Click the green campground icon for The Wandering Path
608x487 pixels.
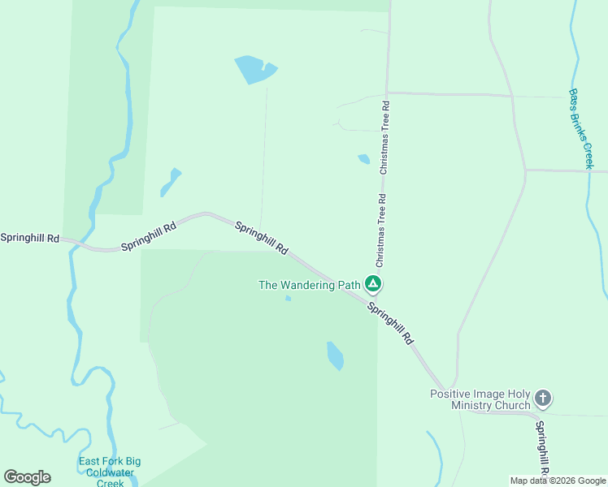click(373, 284)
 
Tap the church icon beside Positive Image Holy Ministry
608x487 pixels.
click(543, 399)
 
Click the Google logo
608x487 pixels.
click(27, 477)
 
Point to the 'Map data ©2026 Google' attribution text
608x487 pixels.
click(558, 481)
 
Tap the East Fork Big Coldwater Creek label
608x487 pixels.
click(110, 472)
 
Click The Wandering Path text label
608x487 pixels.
click(309, 285)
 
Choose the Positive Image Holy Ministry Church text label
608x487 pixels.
click(480, 399)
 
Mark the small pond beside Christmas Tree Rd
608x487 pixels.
click(363, 159)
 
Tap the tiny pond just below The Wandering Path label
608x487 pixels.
click(288, 299)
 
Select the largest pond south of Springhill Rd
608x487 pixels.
click(335, 356)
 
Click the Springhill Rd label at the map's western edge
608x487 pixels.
click(30, 238)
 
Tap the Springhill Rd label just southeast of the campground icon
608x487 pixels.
click(390, 323)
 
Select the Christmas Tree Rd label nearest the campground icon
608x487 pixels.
click(380, 231)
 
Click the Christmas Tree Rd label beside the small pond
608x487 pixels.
click(384, 136)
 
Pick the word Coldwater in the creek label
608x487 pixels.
click(110, 472)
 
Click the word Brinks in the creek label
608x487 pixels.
click(582, 131)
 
